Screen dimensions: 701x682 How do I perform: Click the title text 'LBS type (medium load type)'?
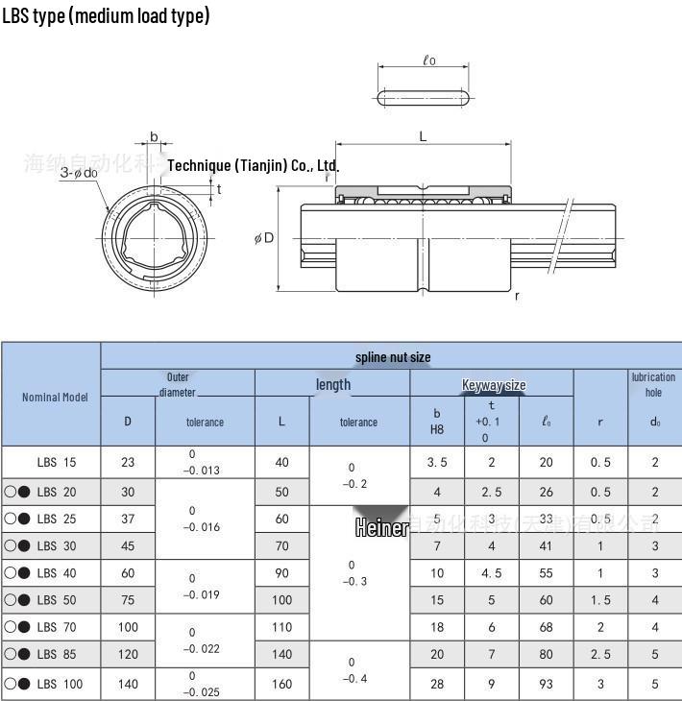pos(106,15)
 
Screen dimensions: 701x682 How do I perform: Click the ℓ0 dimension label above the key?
pos(428,60)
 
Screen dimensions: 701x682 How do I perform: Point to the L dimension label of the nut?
pos(423,136)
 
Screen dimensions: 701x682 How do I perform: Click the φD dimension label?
pos(264,237)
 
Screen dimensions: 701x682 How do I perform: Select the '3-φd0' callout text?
pos(78,173)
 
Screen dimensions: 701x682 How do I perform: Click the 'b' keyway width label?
pos(154,137)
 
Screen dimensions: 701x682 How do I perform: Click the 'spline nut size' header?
pos(393,357)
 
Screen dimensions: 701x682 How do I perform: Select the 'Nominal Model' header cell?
pos(55,397)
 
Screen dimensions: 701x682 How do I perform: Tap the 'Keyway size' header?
pos(494,385)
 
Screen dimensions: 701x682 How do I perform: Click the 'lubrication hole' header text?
pos(653,384)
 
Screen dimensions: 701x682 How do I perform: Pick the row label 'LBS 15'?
pos(57,462)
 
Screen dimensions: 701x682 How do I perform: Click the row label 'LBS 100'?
pos(60,684)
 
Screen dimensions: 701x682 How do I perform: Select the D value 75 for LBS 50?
pos(128,600)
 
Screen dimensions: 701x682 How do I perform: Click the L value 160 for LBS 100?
pos(281,684)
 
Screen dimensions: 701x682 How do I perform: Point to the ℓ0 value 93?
pos(547,684)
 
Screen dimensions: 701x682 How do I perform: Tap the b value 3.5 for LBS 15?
pos(437,462)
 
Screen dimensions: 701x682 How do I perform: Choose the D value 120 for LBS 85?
pos(128,654)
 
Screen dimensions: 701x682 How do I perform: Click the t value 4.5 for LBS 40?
pos(491,573)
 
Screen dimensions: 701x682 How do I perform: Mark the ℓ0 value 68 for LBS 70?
pos(547,627)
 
